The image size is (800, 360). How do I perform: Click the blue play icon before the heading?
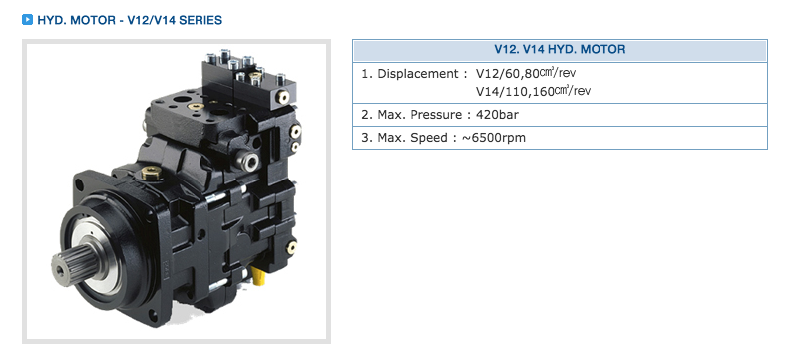pos(27,20)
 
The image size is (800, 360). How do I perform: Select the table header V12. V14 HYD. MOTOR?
pos(560,50)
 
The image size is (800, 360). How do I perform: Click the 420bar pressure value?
pos(497,115)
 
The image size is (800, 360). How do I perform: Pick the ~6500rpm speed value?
pos(494,138)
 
